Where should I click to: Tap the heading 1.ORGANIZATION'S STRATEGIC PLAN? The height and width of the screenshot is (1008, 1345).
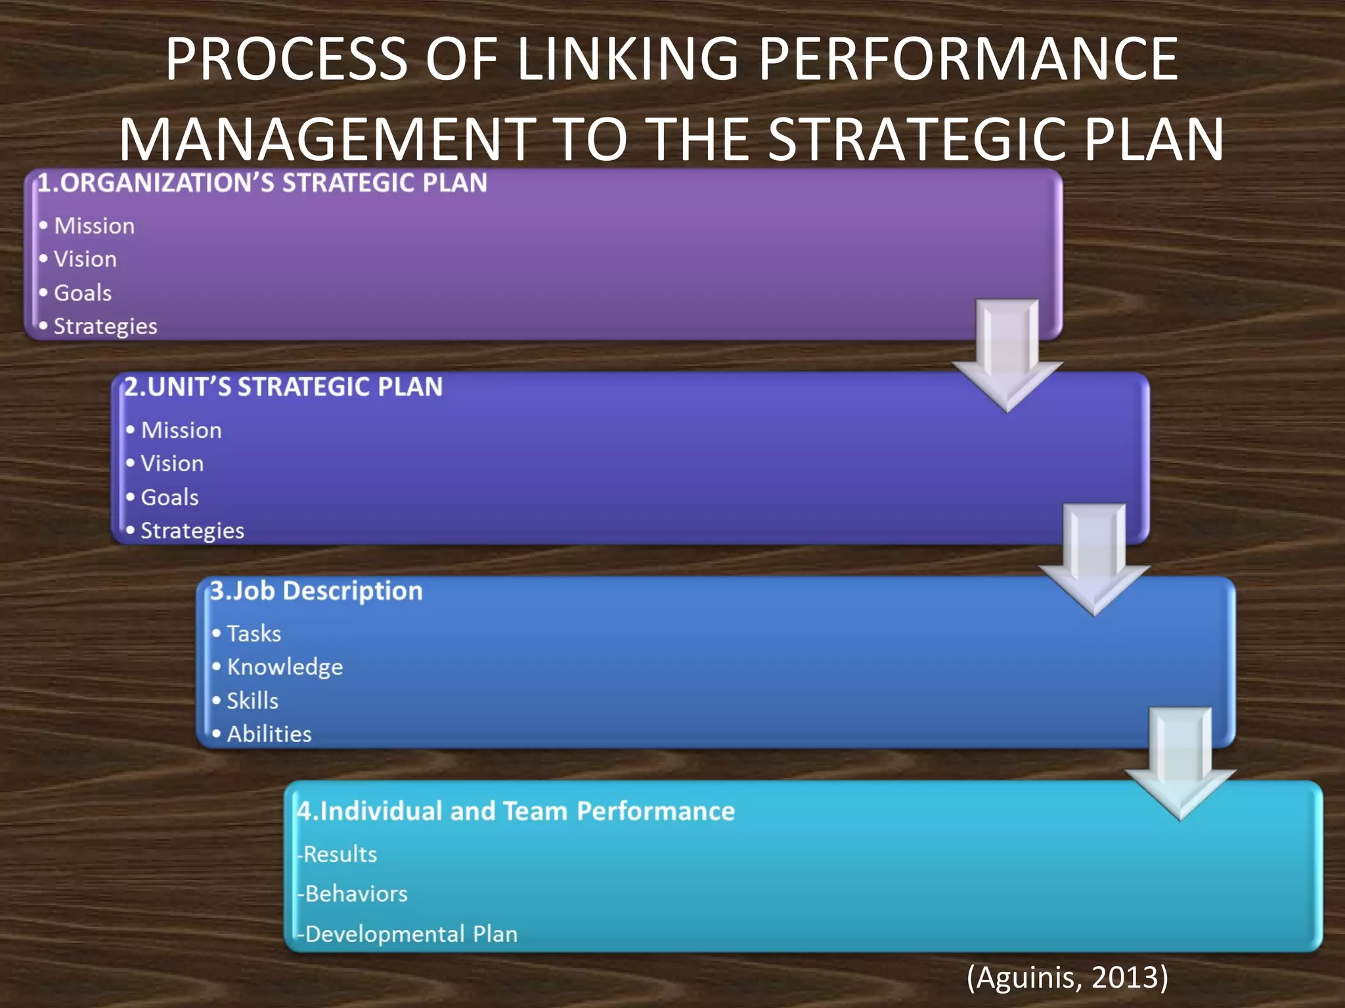(x=262, y=183)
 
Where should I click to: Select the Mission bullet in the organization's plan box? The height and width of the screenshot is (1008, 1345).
(x=94, y=226)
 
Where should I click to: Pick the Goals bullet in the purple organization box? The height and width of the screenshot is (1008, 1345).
(x=83, y=293)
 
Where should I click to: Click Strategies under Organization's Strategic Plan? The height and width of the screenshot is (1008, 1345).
(x=105, y=326)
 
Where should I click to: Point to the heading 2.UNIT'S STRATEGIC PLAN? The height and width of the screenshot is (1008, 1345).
(x=284, y=387)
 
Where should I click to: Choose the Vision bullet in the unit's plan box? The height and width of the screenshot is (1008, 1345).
(x=172, y=463)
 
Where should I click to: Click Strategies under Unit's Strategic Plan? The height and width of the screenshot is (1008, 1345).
(x=192, y=530)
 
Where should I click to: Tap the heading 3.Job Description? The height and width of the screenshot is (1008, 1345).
(x=316, y=591)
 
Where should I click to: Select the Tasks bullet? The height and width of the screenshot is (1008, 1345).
(x=254, y=633)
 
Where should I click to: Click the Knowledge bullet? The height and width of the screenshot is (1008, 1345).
(x=284, y=667)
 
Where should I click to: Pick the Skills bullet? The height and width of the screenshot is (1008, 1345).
(x=252, y=700)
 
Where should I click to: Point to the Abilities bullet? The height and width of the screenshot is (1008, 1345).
(x=269, y=734)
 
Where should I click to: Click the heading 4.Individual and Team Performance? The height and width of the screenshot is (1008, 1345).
(x=516, y=811)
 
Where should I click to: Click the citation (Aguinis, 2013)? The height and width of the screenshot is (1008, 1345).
(x=1067, y=977)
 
